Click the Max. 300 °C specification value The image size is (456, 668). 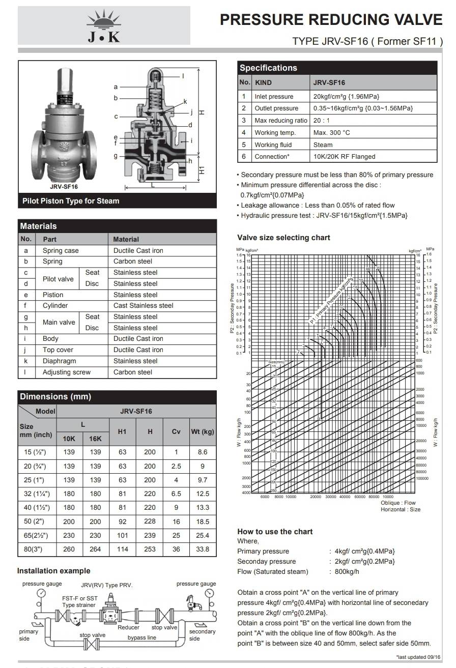click(332, 132)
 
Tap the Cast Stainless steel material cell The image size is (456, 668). click(143, 306)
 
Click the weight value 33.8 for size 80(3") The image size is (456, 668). click(203, 549)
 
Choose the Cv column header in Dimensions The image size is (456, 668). click(176, 431)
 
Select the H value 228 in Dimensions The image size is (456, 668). click(150, 521)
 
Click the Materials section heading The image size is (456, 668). click(38, 226)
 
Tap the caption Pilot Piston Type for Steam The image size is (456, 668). click(71, 201)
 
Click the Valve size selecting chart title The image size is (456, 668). click(283, 238)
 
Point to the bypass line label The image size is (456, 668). click(141, 637)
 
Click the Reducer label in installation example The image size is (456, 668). click(128, 627)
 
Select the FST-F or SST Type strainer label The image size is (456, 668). click(80, 602)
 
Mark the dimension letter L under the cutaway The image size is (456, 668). click(153, 185)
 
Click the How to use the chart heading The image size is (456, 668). click(275, 532)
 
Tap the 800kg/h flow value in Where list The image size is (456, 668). click(347, 571)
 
